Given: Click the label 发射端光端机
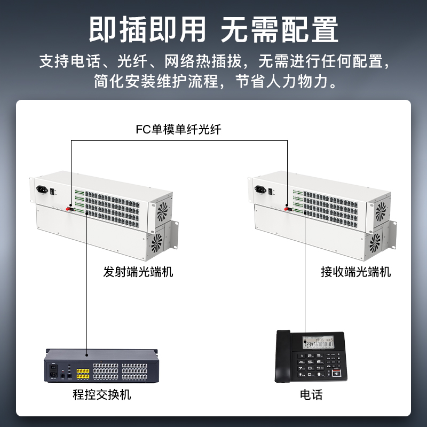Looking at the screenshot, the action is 138,272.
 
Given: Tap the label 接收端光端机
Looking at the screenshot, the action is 356,272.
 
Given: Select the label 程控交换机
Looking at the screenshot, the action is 102,394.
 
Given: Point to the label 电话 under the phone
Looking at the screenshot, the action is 311,394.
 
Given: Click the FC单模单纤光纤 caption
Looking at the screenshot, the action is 178,129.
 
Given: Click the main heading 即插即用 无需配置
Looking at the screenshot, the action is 213,29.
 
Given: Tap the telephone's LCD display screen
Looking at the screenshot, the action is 318,342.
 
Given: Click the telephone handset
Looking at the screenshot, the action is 283,357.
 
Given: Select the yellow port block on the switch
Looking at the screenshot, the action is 83,374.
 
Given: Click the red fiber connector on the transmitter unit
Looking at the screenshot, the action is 69,209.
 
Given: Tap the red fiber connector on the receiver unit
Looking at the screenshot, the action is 287,209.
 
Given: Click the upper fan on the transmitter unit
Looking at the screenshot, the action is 162,211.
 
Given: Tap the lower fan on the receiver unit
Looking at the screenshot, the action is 375,243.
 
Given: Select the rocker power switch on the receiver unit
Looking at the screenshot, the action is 271,191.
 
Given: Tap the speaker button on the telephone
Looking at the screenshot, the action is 337,373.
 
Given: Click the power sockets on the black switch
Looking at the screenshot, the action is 53,371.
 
